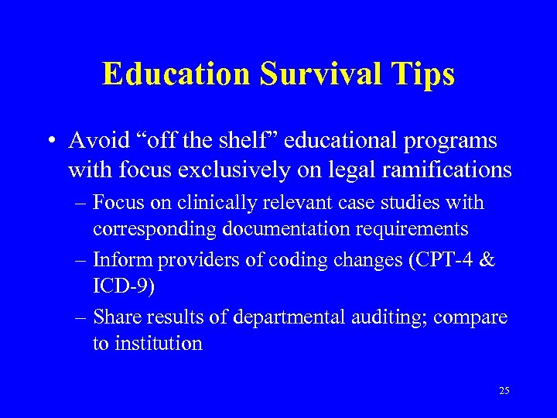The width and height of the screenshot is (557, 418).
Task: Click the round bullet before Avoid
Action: (50, 142)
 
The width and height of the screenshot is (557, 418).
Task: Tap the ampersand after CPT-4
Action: (487, 260)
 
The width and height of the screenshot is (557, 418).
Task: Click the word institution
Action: (159, 344)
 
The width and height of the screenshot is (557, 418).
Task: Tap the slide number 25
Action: (504, 391)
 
